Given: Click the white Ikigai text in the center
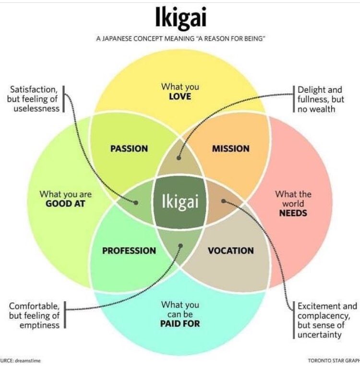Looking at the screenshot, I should (180, 201).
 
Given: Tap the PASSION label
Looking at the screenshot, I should (129, 149).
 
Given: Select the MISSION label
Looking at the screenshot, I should (231, 149).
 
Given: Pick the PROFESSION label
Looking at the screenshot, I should (129, 250).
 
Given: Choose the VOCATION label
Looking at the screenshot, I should (231, 250).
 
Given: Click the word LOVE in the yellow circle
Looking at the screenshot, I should (180, 97).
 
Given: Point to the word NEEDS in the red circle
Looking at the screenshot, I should (293, 212).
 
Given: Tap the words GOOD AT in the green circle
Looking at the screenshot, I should (65, 203).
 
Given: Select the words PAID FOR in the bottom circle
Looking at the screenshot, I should (180, 323).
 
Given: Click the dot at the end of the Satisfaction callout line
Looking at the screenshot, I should (137, 203).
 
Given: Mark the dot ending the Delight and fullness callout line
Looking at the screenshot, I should (178, 156).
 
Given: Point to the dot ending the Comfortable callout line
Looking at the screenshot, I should (180, 246).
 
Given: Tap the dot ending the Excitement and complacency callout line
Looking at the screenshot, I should (223, 201).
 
